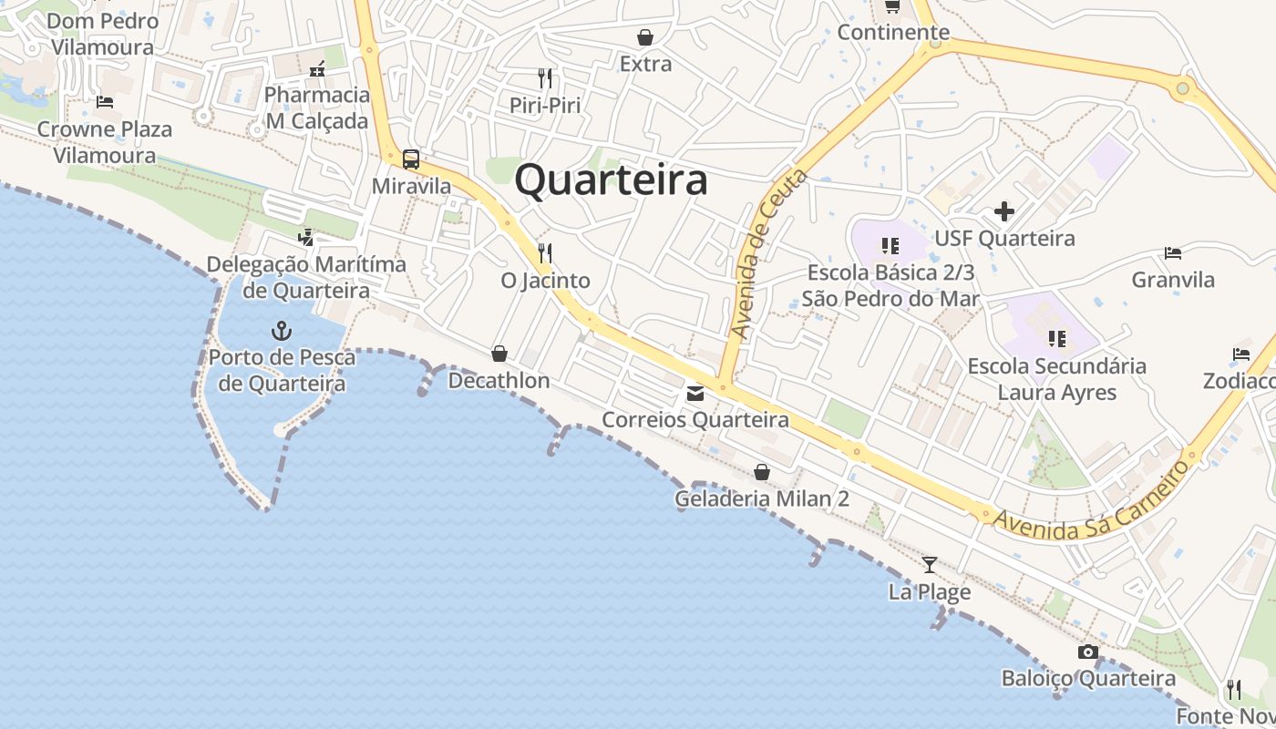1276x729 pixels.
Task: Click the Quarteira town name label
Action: (611, 180)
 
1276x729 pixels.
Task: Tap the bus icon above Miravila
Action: (411, 159)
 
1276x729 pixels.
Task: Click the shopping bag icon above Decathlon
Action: (499, 354)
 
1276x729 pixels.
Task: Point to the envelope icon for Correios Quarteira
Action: (695, 394)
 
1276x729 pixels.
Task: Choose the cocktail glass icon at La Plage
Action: (930, 565)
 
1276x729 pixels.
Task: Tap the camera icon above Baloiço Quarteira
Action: (1087, 652)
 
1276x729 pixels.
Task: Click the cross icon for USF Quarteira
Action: (1004, 212)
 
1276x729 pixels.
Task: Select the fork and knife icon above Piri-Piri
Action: (545, 78)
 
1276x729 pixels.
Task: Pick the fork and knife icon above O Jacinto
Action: (545, 252)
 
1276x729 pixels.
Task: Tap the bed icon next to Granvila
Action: (1173, 252)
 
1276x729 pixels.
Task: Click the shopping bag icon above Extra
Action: (645, 37)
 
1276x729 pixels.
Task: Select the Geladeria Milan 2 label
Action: (762, 498)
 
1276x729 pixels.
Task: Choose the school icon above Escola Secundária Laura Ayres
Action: (1057, 339)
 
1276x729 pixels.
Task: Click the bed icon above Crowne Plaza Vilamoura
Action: (105, 102)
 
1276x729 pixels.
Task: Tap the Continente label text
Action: (893, 33)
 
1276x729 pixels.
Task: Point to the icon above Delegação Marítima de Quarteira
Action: (306, 238)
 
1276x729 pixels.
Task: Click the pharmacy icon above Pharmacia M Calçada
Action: (317, 68)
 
